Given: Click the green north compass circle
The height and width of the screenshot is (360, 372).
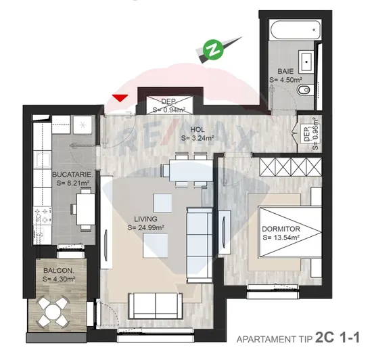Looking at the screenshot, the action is (x=213, y=49).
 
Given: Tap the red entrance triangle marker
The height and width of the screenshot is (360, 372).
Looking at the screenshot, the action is (x=120, y=97).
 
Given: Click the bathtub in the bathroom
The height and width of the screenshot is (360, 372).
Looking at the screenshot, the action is (x=296, y=30).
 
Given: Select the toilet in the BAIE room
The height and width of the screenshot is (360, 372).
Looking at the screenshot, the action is (x=304, y=90).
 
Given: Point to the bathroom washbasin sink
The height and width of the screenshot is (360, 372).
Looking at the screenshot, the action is (x=306, y=62).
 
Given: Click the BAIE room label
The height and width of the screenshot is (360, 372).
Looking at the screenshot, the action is (x=285, y=71).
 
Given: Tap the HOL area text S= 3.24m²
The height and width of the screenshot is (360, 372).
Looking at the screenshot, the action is (x=197, y=138).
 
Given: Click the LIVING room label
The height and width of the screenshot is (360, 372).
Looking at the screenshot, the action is (x=145, y=219).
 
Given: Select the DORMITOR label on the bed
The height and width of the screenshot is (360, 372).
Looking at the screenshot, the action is (x=281, y=229).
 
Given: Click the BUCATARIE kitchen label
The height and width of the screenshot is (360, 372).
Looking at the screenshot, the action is (x=72, y=175).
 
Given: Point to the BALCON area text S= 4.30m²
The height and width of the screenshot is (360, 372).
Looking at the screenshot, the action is (x=59, y=279).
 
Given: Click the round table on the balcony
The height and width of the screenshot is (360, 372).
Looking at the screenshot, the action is (x=53, y=311).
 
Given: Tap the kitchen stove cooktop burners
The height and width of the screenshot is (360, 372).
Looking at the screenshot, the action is (x=43, y=216).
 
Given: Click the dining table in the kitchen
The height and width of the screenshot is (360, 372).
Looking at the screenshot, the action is (x=85, y=209).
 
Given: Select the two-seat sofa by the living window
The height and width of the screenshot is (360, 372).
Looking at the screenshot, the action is (x=156, y=306).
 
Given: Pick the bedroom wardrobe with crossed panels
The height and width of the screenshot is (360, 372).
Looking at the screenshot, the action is (x=291, y=167).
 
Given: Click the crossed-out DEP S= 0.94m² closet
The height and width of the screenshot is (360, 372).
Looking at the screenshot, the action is (x=169, y=105).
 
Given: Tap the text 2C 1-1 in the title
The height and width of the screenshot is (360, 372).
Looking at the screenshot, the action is (x=338, y=338).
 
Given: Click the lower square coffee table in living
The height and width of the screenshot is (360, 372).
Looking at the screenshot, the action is (x=155, y=245).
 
